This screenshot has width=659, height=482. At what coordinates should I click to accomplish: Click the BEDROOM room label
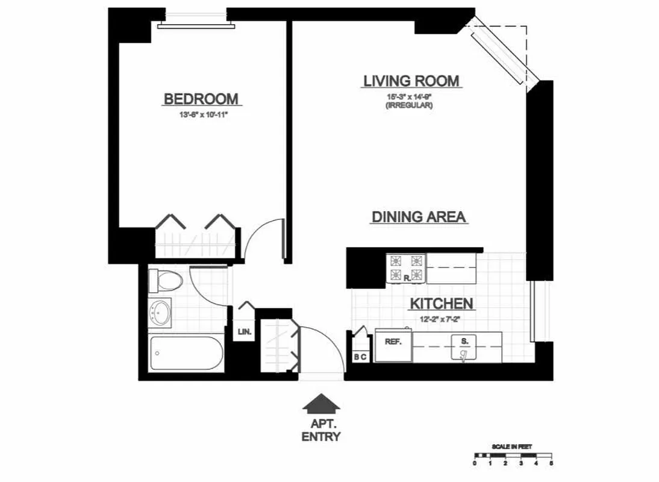(201, 99)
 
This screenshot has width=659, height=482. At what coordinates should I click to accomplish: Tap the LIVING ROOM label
(411, 81)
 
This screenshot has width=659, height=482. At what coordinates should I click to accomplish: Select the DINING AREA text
(419, 217)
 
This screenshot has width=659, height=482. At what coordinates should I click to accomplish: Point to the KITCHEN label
(442, 304)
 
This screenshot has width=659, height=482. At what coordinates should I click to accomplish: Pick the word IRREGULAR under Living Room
(411, 105)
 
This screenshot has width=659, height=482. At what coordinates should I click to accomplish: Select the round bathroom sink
(161, 312)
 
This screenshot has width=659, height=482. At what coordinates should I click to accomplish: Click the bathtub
(186, 353)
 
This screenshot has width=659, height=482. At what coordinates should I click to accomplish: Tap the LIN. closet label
(245, 331)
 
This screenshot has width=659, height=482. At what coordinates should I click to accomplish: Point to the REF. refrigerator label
(393, 342)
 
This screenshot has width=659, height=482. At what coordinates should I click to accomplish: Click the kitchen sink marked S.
(464, 348)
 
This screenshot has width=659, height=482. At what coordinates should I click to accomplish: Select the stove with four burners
(406, 269)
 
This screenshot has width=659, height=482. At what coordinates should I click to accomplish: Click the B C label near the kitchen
(360, 357)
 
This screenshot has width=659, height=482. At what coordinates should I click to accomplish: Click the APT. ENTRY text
(320, 429)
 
